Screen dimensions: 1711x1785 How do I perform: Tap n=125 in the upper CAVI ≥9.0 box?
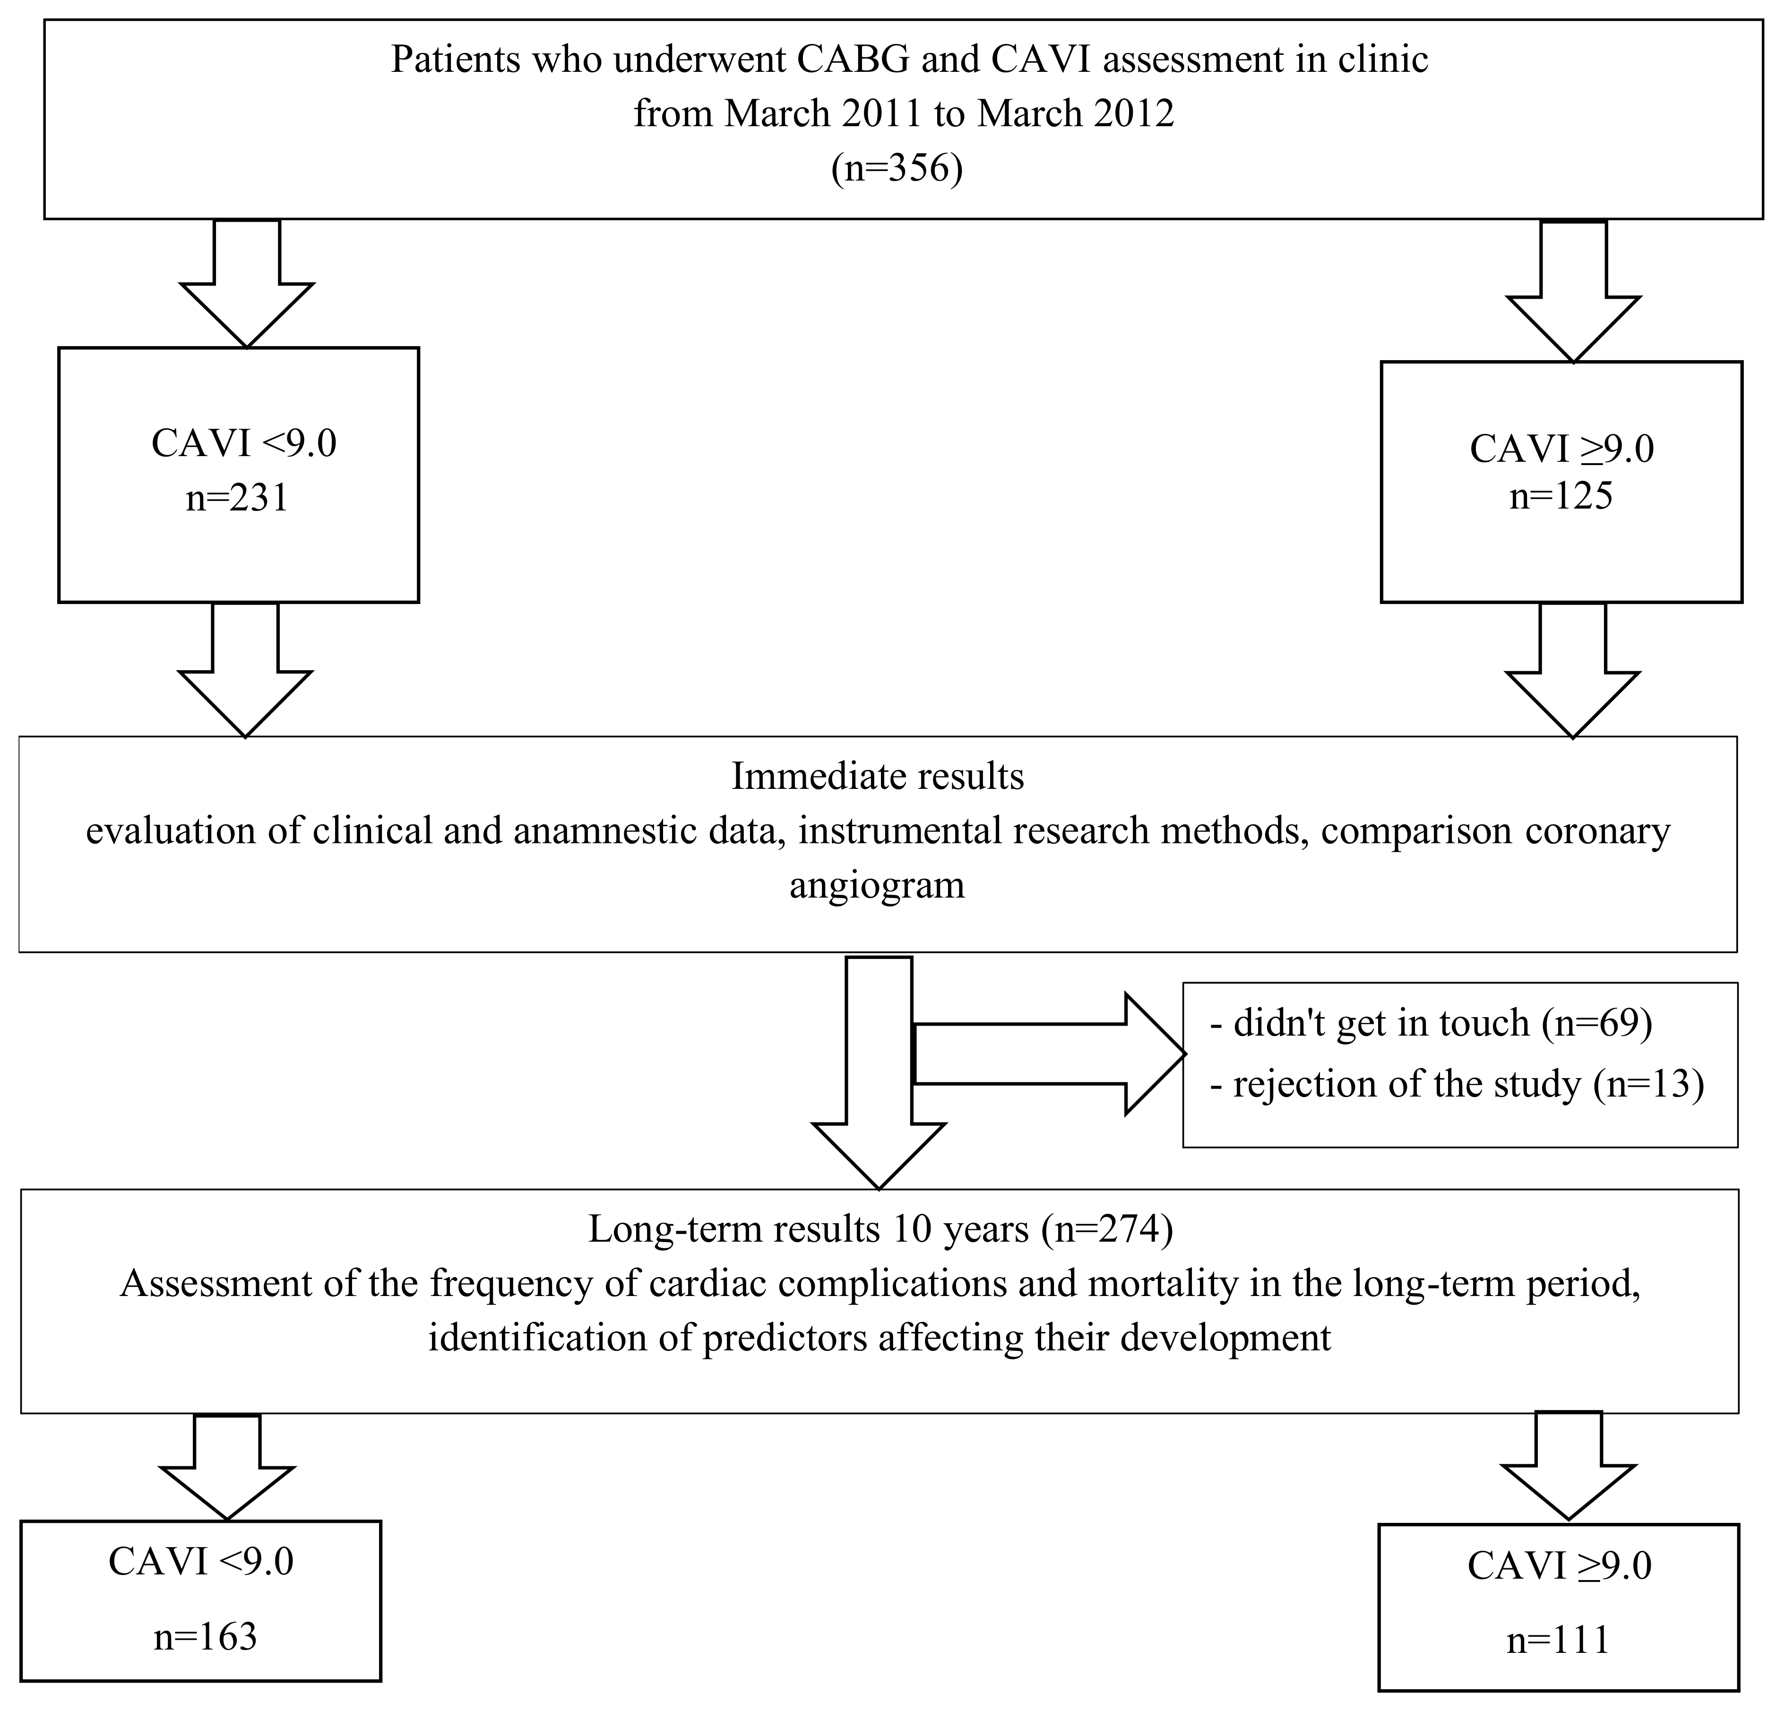1561,496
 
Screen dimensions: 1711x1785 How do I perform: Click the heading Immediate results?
878,777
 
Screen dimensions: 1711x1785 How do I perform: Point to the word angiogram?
877,885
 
